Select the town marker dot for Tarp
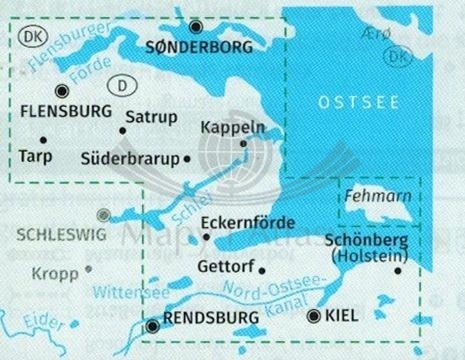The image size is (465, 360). point(43,139)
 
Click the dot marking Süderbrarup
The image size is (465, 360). point(188,158)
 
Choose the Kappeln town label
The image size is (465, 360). point(233,127)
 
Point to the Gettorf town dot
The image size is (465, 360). point(261,270)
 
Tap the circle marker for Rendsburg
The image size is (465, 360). point(153,325)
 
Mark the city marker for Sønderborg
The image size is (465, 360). point(197,27)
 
